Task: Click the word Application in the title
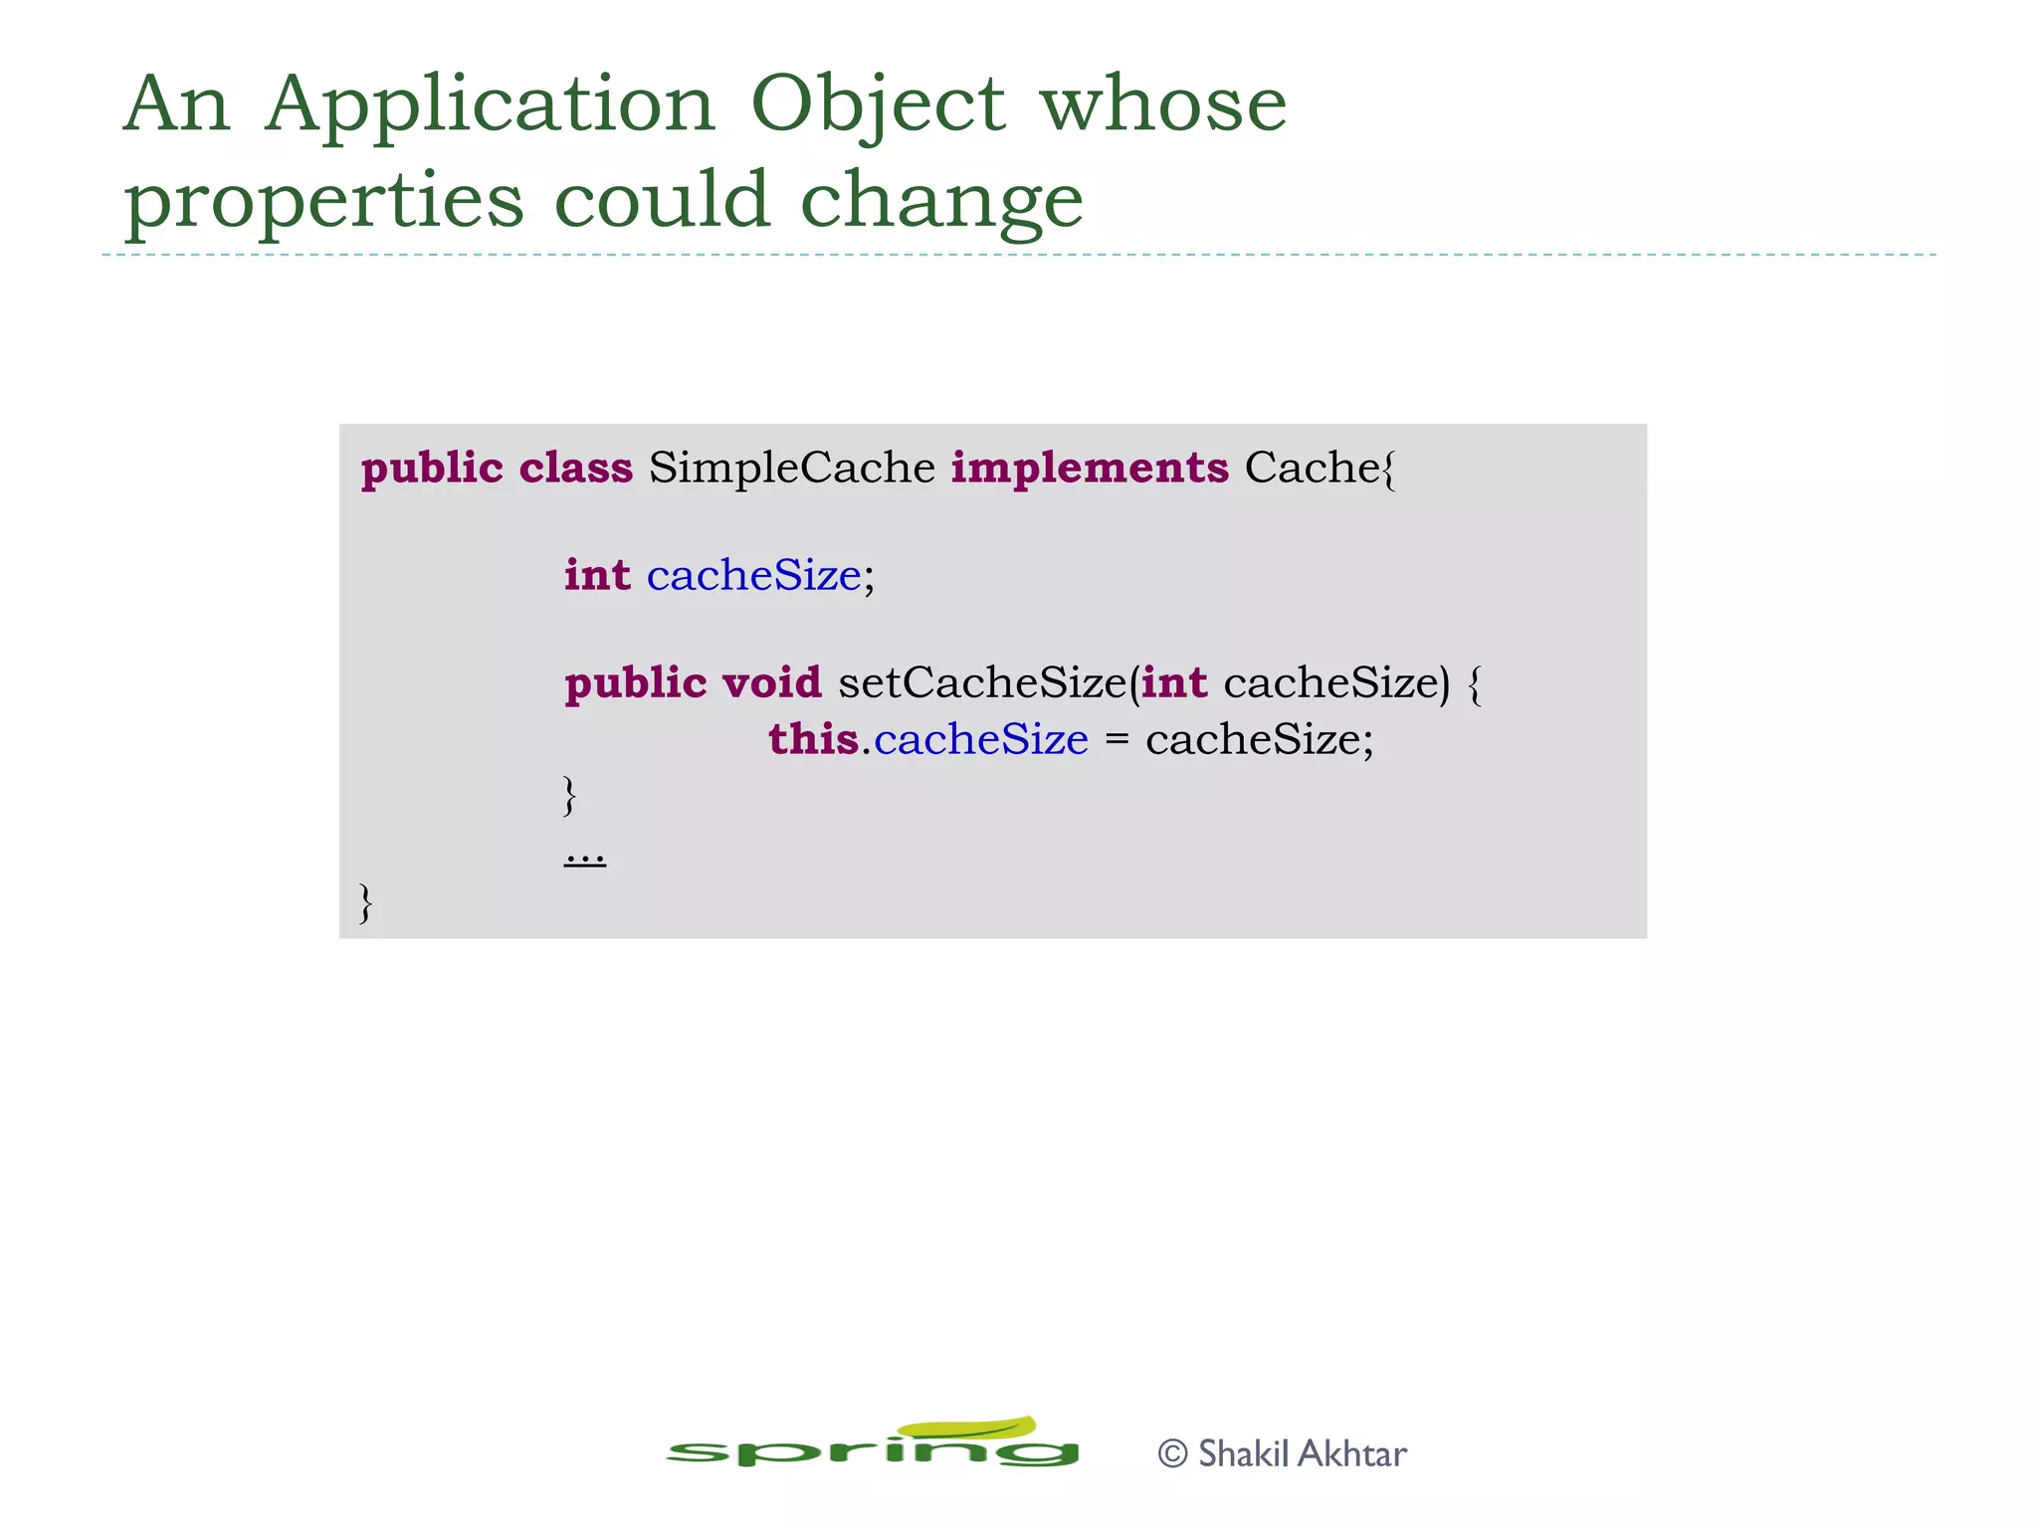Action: coord(490,105)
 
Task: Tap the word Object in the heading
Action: coord(878,105)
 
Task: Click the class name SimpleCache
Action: coord(791,468)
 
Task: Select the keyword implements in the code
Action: coord(1090,468)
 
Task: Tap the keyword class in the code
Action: coord(575,468)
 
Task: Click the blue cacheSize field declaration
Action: coord(753,575)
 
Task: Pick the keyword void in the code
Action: coord(771,682)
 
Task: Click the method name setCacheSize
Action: coord(981,682)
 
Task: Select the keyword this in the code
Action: coord(812,739)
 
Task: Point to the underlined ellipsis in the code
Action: coord(585,856)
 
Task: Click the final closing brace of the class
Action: coord(366,902)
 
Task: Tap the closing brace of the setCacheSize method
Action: coord(569,795)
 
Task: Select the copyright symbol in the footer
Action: coord(1173,1454)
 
